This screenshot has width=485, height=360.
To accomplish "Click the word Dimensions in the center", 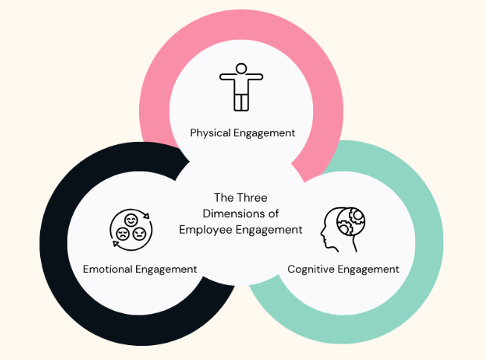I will tap(231, 214).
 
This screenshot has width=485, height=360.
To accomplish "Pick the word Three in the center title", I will tap(250, 198).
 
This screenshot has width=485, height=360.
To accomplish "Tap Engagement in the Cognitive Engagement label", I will tap(370, 269).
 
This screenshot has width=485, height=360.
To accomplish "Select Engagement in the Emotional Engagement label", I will tap(168, 269).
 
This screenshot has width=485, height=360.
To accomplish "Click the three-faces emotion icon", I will tap(129, 228).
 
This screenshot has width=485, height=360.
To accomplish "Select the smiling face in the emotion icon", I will tap(130, 219).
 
